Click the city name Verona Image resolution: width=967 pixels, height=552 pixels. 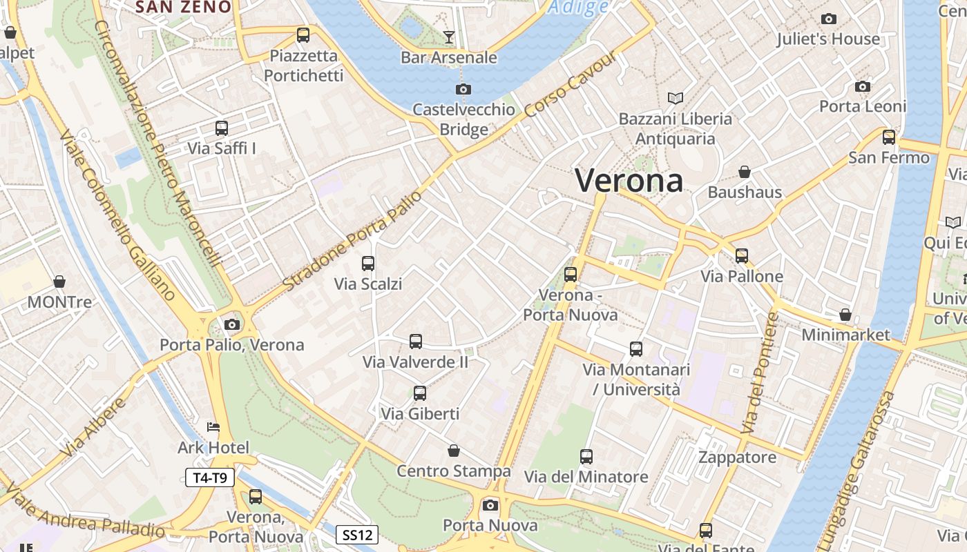pos(629,181)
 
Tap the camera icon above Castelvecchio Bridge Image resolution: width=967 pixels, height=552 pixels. pos(463,89)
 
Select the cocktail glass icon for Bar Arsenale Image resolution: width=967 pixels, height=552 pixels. pos(449,37)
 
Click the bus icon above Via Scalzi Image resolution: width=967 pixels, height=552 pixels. pos(368,263)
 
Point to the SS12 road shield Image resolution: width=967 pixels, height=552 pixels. pos(358,534)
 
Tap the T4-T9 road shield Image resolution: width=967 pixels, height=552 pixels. pos(210,477)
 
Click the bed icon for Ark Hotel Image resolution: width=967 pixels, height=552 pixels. pos(213,428)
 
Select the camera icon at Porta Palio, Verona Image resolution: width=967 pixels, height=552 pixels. pos(232,324)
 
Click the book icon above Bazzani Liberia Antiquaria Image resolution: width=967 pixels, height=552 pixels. pos(675,98)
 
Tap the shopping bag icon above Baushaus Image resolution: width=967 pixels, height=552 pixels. pos(745,172)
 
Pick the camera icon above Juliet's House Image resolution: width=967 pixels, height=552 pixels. pos(828,19)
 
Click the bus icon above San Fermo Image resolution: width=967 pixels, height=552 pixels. pos(889,137)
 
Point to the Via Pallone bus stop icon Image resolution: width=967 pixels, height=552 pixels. pos(742,256)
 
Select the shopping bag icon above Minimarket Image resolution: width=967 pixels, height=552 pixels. pos(845,315)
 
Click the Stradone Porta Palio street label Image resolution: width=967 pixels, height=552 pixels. pos(352,241)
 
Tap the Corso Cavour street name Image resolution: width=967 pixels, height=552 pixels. pos(569,85)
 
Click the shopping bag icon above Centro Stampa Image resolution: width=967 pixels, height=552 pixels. pos(454,451)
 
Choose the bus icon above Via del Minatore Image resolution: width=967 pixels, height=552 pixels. pos(586,456)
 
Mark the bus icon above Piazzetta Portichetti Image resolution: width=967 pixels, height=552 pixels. pos(303,35)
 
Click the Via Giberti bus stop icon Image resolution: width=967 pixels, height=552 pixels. pos(420,393)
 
